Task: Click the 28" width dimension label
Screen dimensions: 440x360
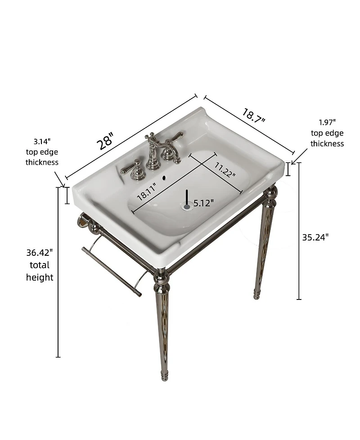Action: (x=108, y=141)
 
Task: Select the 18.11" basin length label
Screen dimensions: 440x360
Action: (x=147, y=191)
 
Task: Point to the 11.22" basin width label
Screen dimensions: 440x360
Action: (x=225, y=170)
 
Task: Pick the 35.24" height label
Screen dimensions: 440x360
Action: (x=315, y=237)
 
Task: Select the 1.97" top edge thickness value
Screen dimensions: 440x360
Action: (x=327, y=122)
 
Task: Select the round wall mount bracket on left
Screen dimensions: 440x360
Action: (x=83, y=221)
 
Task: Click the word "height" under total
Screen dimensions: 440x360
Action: (x=40, y=277)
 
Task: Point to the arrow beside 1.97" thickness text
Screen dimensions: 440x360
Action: (x=299, y=157)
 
